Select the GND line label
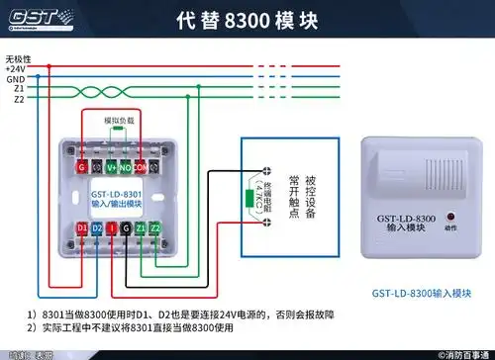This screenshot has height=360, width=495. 16,78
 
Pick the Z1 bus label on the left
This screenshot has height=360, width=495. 19,88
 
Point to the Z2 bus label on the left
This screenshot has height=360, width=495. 19,99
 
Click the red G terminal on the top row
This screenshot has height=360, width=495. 81,167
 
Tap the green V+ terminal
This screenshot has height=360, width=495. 112,167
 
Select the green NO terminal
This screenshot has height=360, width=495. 127,167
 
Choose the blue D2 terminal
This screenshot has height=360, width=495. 97,229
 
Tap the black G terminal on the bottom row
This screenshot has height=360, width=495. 125,229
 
